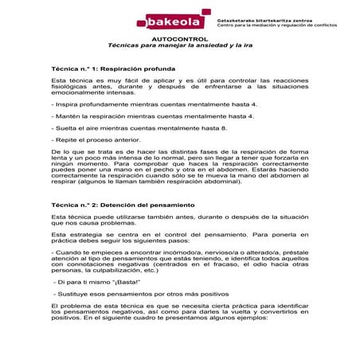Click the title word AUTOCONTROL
click(179, 38)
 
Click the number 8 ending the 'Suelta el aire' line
click(224, 127)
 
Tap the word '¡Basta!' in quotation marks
click(124, 282)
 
